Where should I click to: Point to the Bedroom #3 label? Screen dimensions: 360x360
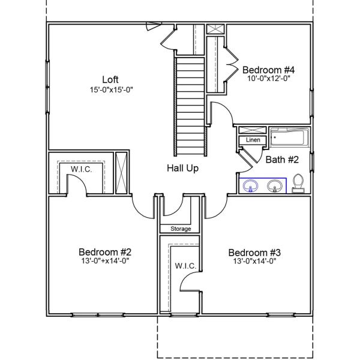(x=255, y=252)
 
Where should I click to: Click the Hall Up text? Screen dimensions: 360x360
(x=182, y=169)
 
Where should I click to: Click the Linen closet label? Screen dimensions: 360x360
(x=253, y=140)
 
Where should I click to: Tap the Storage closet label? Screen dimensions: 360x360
(x=181, y=229)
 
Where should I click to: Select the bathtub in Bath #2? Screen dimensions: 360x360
(x=289, y=139)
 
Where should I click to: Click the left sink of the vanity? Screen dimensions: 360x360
(x=250, y=186)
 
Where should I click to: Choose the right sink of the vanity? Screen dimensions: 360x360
(x=275, y=186)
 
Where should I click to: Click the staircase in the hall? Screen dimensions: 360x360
(x=190, y=105)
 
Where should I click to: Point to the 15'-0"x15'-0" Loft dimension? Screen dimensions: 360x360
(x=110, y=90)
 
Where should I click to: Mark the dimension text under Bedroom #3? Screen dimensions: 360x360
(x=255, y=262)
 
